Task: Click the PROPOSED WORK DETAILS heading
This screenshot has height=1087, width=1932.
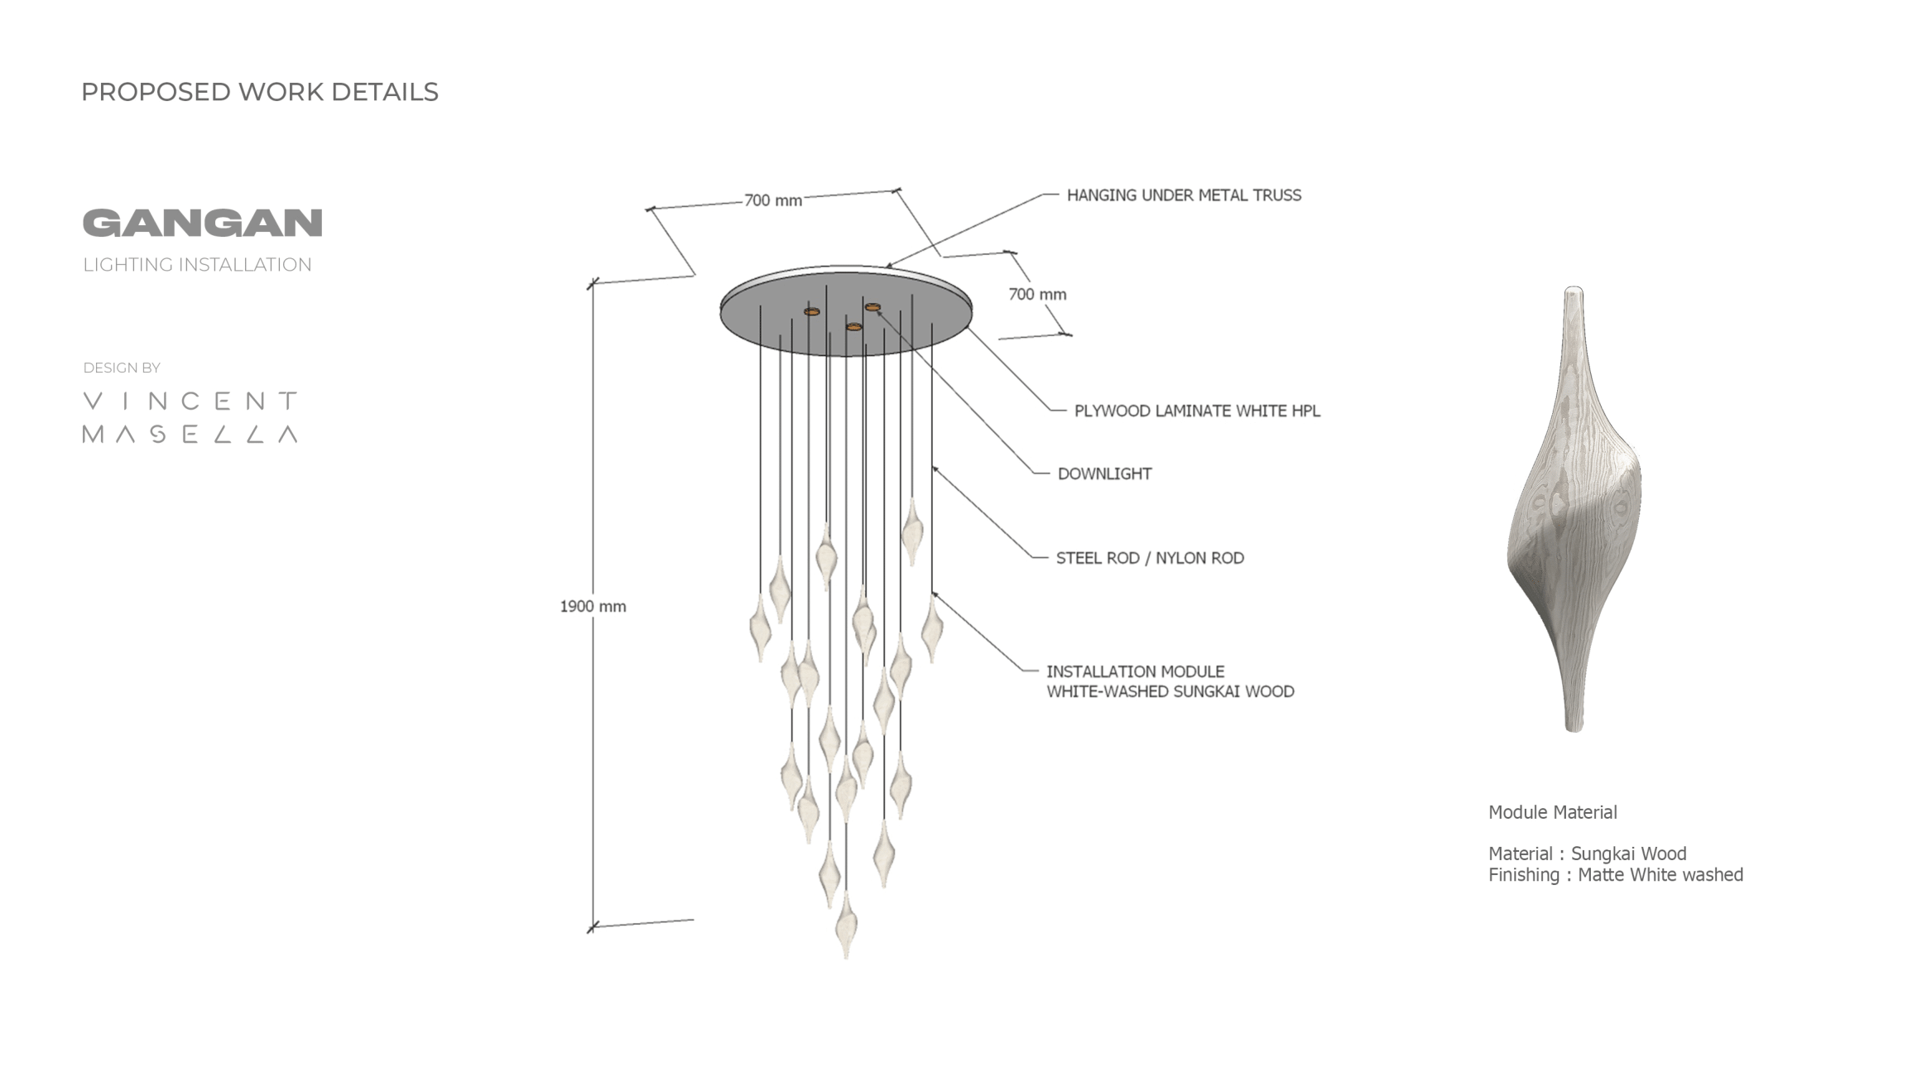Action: click(x=259, y=92)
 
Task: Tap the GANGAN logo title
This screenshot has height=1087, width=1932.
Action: click(x=202, y=223)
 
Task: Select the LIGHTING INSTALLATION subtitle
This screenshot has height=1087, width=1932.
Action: click(x=197, y=265)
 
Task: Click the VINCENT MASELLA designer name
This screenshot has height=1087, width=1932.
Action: click(x=190, y=417)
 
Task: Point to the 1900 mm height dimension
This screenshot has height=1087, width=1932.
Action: click(x=593, y=606)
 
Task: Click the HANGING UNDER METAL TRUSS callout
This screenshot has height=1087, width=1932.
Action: click(x=1183, y=195)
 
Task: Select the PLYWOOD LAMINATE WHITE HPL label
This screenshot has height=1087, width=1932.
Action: click(x=1196, y=411)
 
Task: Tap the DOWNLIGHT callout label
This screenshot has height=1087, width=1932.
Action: click(x=1104, y=474)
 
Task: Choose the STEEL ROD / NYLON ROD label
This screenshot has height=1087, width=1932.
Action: click(x=1149, y=558)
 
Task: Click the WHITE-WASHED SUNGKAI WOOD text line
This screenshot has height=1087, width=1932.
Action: click(x=1170, y=691)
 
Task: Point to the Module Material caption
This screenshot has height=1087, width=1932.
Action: click(x=1552, y=812)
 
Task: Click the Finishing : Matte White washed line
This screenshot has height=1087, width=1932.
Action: click(x=1615, y=874)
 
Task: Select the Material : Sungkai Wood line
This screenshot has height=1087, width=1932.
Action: click(x=1587, y=854)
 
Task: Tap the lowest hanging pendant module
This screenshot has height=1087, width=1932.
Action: click(x=845, y=926)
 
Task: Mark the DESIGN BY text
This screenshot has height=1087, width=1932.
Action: click(x=122, y=368)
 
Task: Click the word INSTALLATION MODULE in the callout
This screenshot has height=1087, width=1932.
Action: click(x=1135, y=671)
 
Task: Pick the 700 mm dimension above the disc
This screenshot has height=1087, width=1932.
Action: click(x=772, y=200)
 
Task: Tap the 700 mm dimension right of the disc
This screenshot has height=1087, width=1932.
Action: click(x=1036, y=294)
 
